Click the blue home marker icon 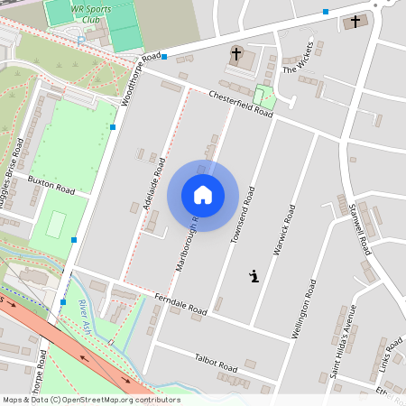point(203,195)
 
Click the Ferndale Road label point(180,304)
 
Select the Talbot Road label point(216,363)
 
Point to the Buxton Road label point(51,185)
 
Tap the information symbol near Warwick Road point(254,276)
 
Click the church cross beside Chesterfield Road point(236,54)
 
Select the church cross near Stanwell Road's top point(355,21)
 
